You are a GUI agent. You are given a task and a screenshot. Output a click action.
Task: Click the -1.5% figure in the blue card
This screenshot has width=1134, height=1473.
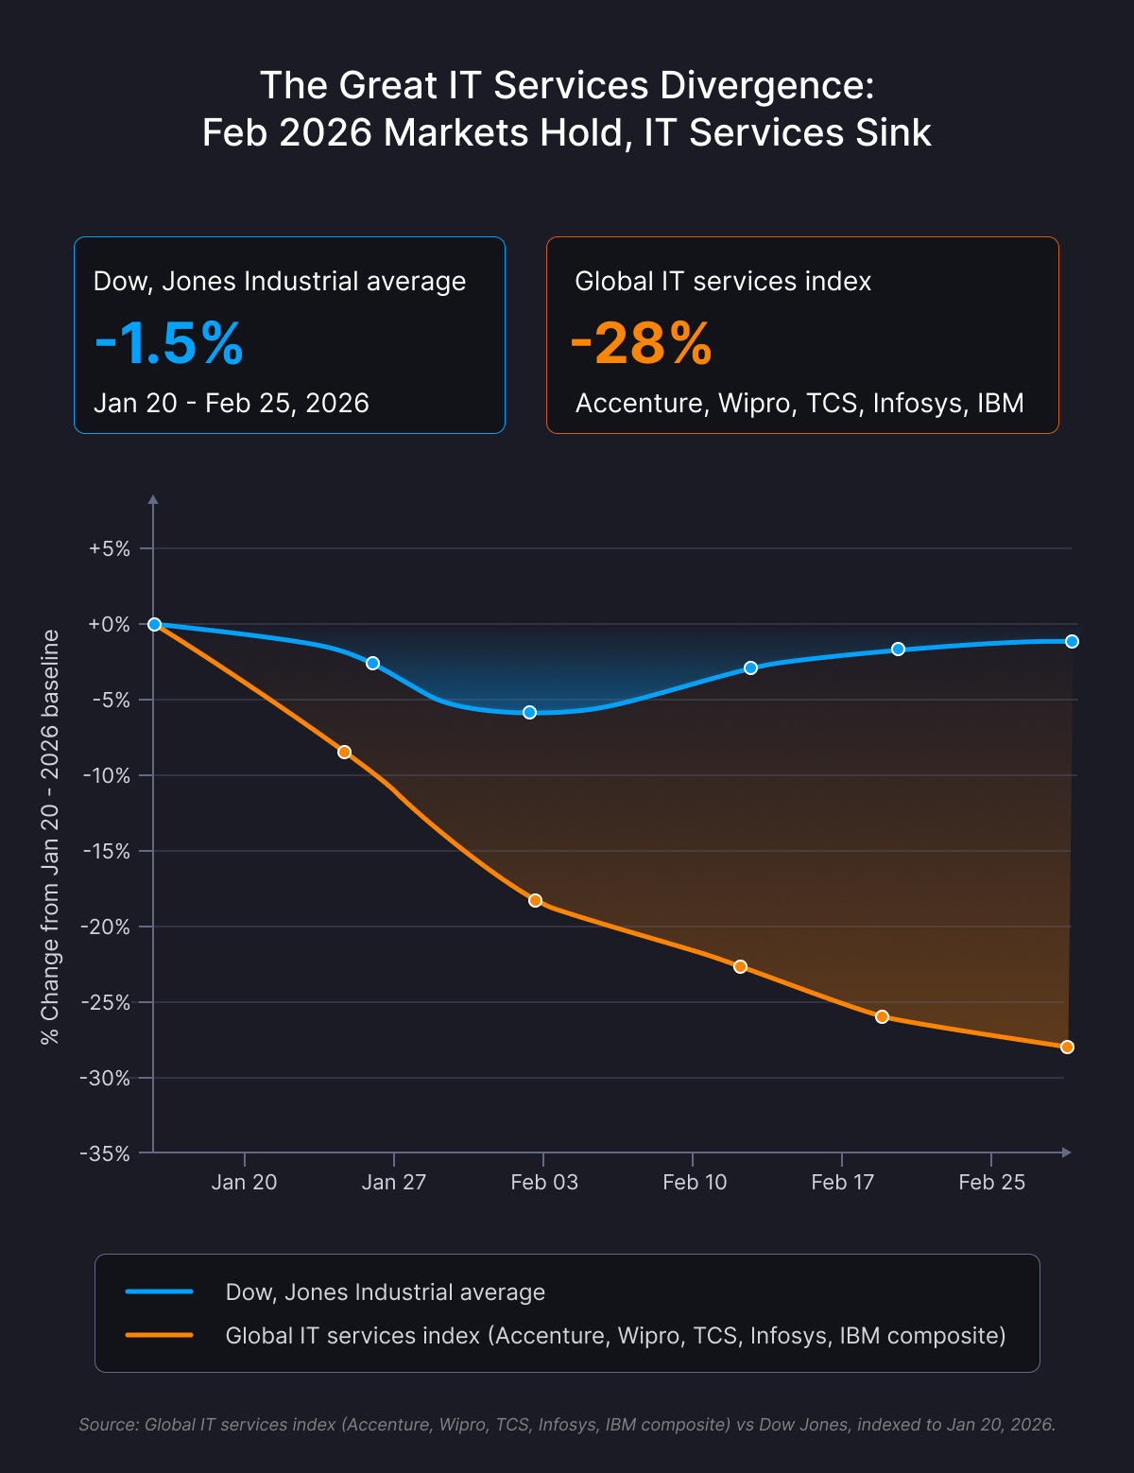point(169,344)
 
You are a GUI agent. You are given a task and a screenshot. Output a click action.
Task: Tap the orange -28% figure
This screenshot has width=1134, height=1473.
point(642,344)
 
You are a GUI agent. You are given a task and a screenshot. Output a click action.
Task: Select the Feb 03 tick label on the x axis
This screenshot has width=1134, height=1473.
point(544,1182)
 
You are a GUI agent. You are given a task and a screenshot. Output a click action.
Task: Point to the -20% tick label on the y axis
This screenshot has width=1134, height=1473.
point(105,927)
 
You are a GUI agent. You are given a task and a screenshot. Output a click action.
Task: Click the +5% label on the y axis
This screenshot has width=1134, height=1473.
point(109,548)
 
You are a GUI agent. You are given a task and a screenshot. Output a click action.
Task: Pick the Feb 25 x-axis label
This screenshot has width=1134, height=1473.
point(991,1182)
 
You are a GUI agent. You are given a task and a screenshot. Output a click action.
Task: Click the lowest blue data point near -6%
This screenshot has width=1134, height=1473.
point(530,713)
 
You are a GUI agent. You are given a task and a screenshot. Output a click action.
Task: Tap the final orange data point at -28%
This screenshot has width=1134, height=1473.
point(1067,1048)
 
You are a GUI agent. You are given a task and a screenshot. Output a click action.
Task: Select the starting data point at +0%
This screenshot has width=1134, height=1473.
point(154,624)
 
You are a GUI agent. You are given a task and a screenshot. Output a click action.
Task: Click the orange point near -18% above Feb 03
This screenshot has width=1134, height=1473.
point(535,901)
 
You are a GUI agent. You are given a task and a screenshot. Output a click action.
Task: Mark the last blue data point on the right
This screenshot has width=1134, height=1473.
point(1072,641)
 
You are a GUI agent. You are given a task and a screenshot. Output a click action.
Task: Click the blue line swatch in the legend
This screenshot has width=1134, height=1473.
point(159,1291)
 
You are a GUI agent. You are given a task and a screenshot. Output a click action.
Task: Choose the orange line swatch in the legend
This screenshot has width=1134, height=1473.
point(159,1335)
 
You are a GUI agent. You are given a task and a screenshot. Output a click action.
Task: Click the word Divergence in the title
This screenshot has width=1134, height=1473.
point(766,86)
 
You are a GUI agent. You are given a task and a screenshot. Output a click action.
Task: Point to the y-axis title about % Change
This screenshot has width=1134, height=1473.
point(50,837)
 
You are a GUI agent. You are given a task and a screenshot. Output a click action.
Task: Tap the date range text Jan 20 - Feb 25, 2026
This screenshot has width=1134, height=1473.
point(231,404)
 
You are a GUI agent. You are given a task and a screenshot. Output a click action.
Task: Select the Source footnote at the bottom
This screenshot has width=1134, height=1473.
point(567,1424)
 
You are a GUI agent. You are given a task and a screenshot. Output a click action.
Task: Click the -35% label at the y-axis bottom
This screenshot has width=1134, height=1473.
point(105,1153)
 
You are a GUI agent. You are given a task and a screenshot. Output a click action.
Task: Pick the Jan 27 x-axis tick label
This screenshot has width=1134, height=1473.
point(393,1182)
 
